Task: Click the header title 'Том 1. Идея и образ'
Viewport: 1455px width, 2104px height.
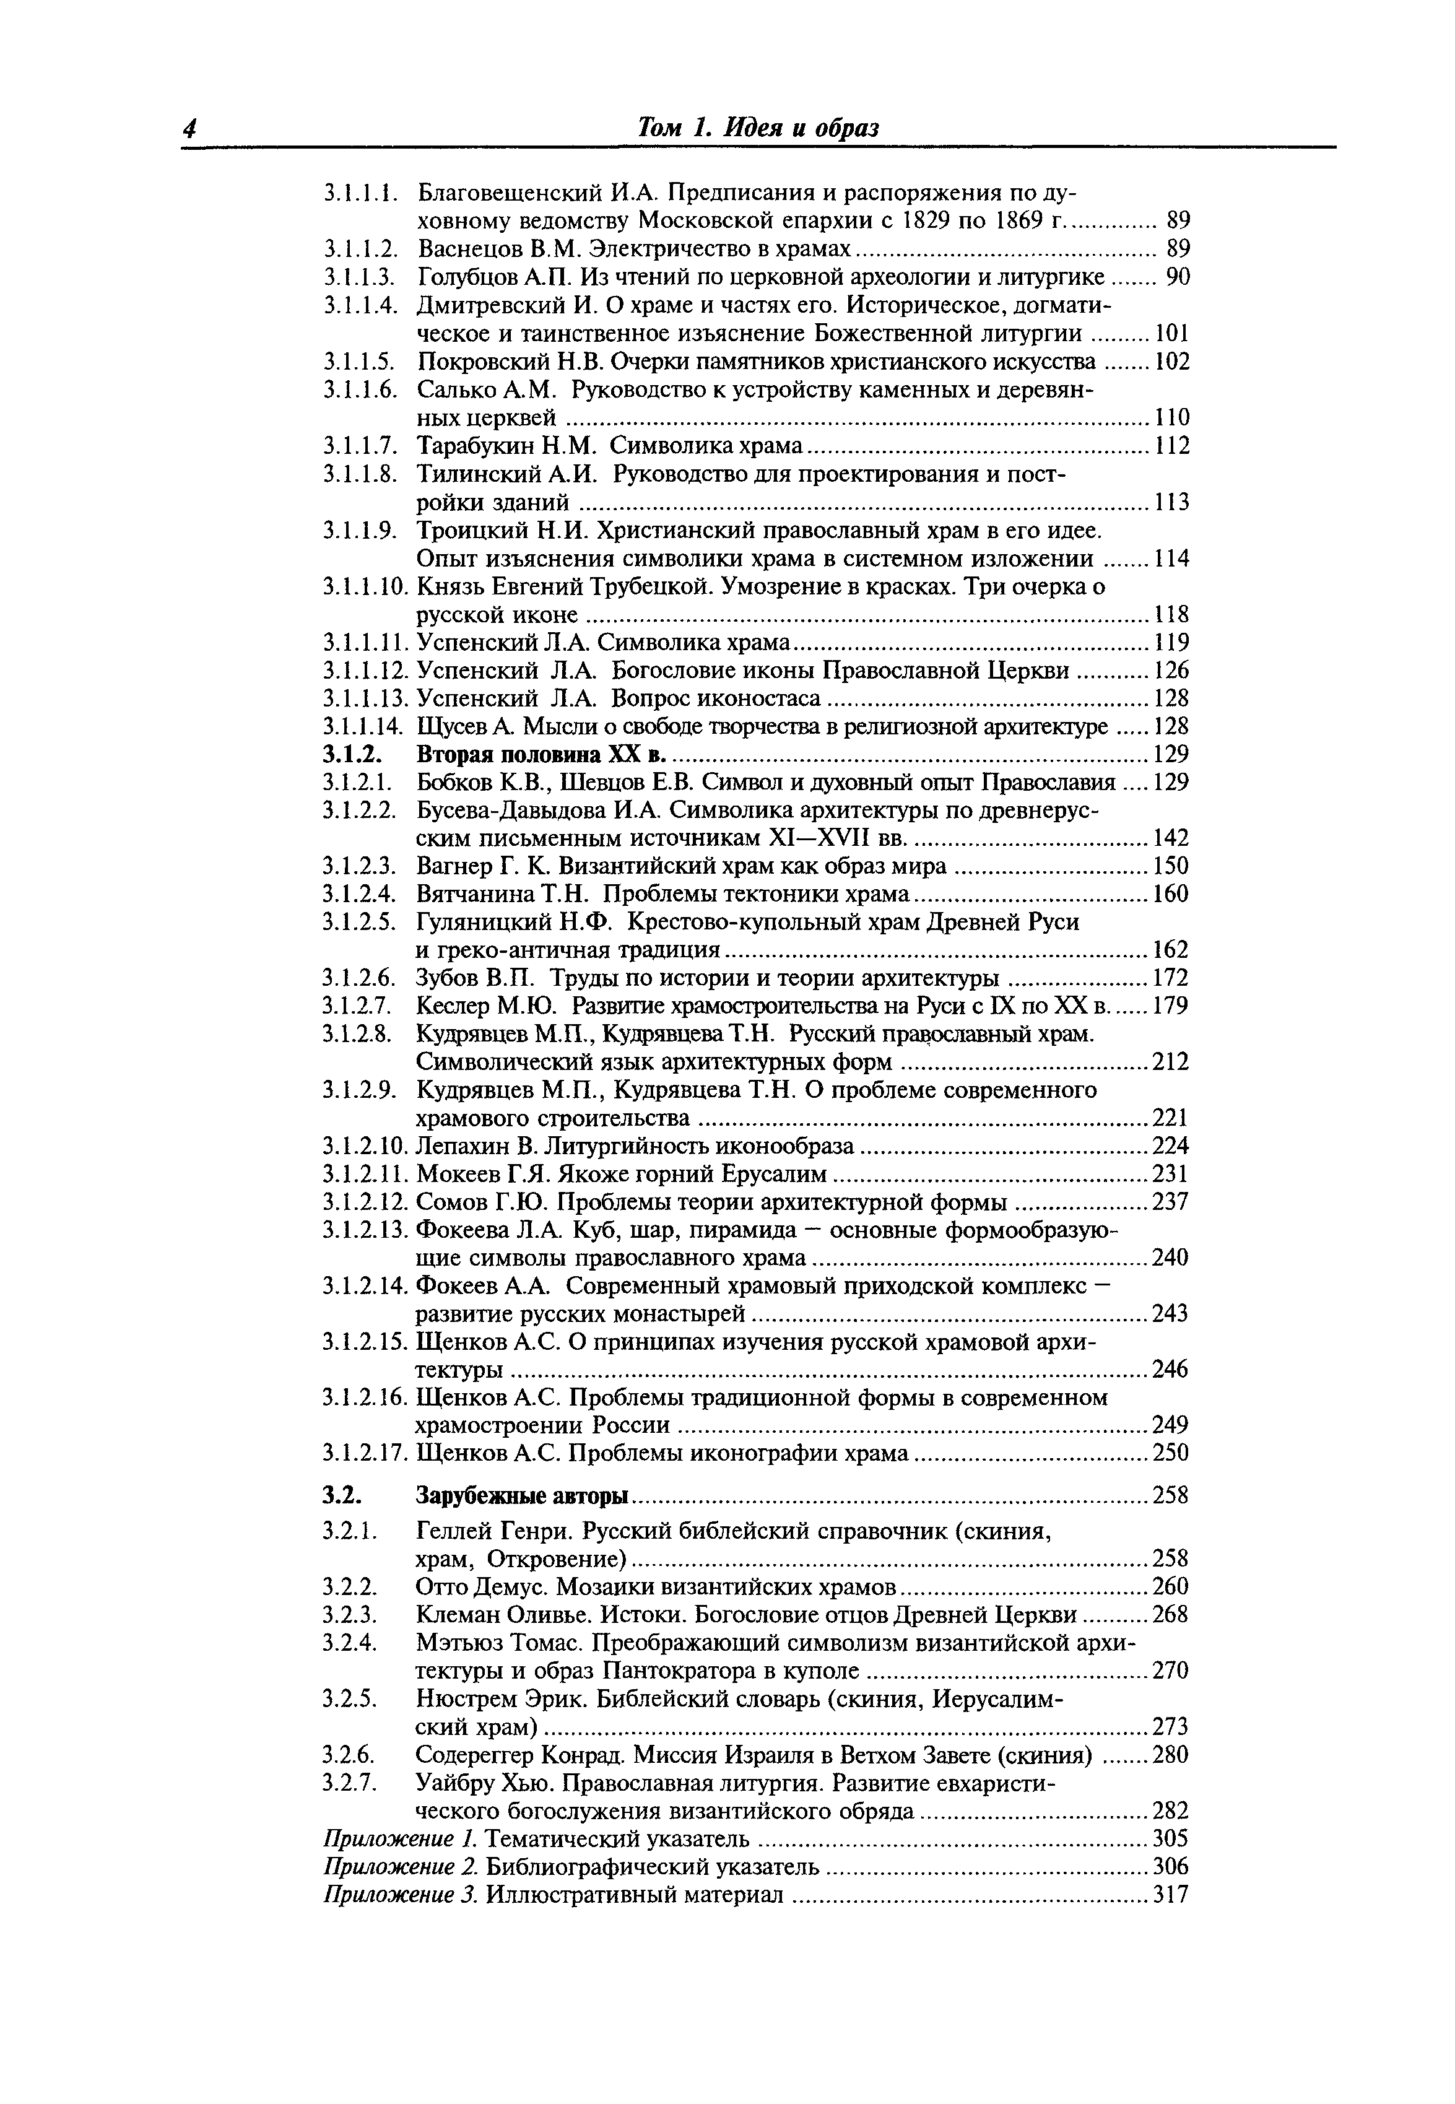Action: pyautogui.click(x=758, y=129)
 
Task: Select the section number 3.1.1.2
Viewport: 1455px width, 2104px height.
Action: pyautogui.click(x=361, y=249)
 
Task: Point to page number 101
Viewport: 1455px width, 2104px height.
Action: pyautogui.click(x=1171, y=334)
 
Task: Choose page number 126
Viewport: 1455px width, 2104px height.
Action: pyautogui.click(x=1171, y=671)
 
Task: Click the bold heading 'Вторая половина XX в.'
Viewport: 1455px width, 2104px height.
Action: pyautogui.click(x=542, y=755)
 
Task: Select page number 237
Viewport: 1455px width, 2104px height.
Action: pyautogui.click(x=1171, y=1201)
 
